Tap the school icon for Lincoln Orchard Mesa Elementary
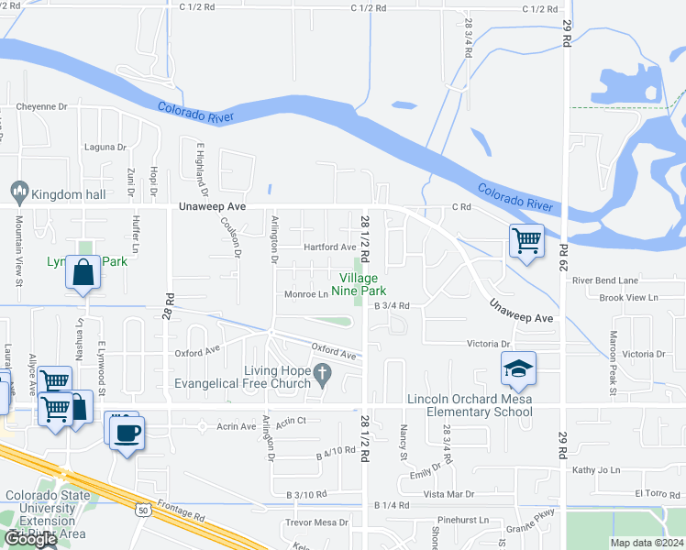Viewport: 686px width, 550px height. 518,369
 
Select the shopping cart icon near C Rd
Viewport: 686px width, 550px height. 526,242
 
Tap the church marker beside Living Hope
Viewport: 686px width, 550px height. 321,373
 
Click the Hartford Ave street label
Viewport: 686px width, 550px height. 330,247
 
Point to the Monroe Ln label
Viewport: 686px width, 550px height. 306,294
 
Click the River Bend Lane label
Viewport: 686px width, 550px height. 604,280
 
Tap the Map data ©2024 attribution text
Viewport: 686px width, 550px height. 647,543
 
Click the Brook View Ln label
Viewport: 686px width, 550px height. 628,298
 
